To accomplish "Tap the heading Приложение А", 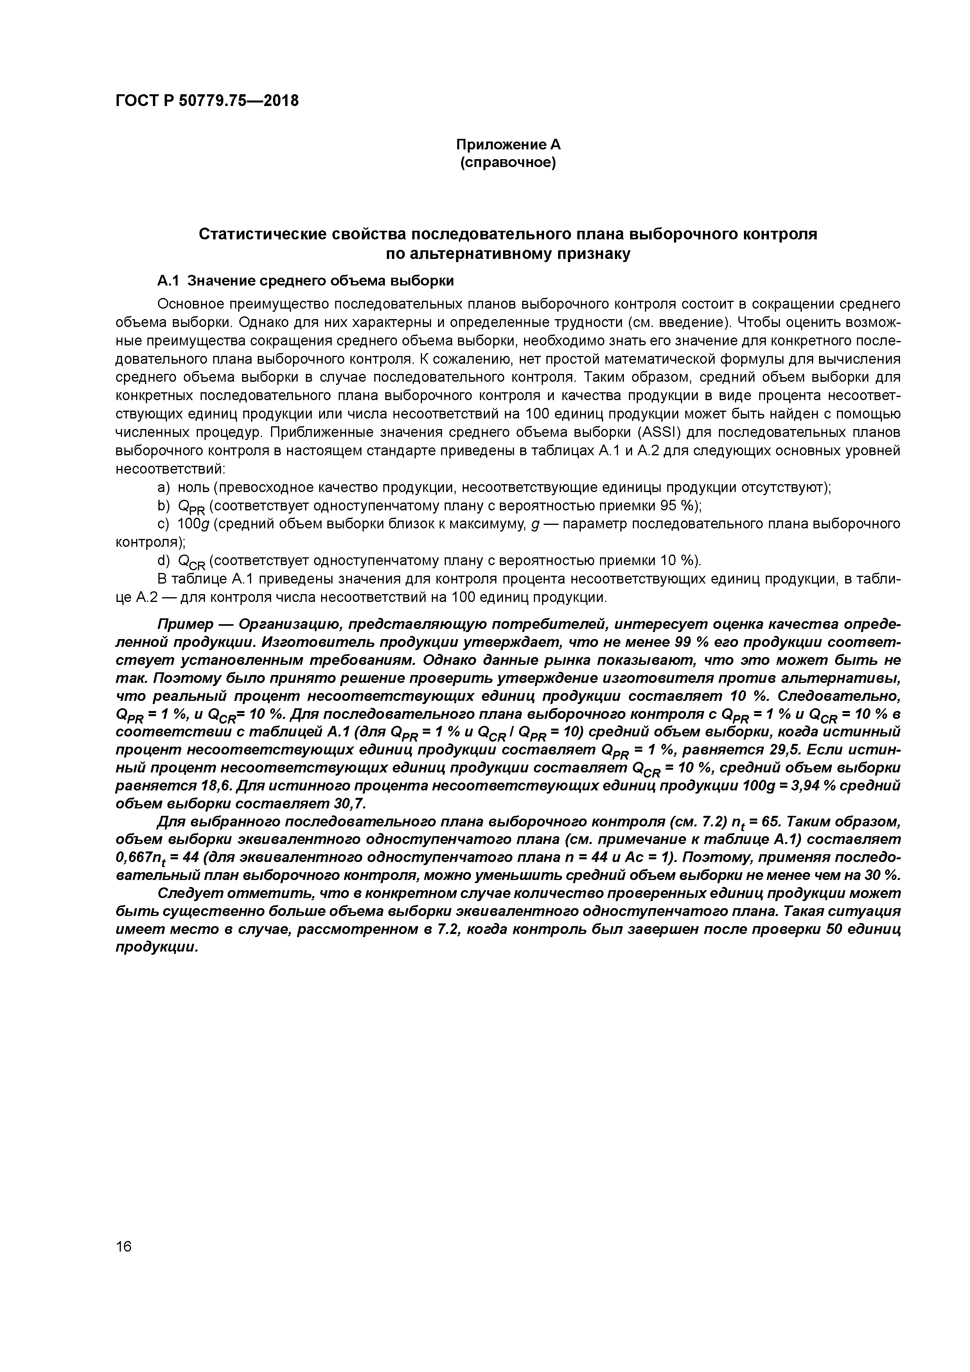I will pyautogui.click(x=508, y=145).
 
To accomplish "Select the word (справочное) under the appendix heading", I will pyautogui.click(x=508, y=163).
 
